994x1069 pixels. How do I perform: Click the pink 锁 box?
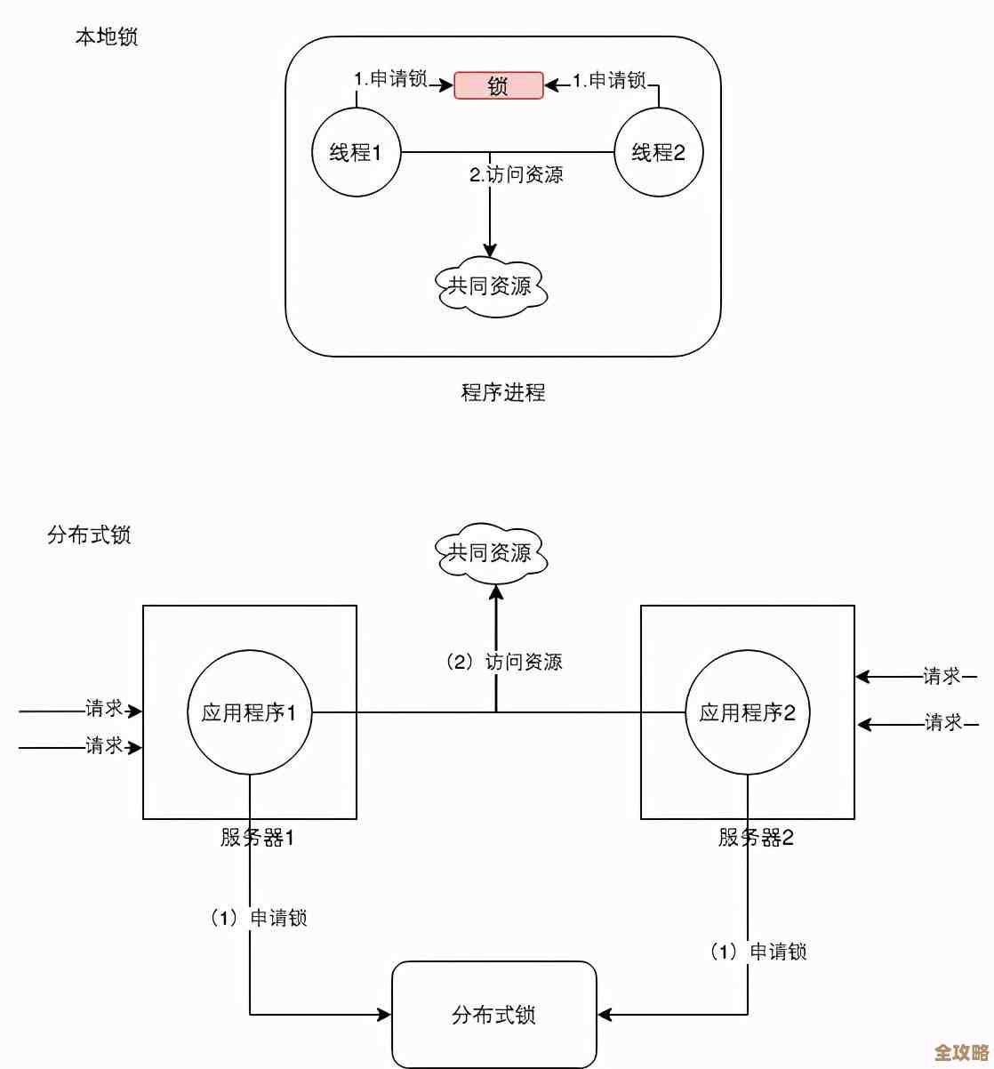(x=499, y=85)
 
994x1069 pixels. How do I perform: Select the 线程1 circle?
(x=356, y=152)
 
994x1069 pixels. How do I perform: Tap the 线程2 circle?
(x=659, y=152)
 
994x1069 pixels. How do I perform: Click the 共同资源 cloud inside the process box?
(x=491, y=285)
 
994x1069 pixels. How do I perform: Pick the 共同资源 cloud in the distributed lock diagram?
(x=491, y=553)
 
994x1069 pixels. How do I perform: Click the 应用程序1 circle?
(x=250, y=712)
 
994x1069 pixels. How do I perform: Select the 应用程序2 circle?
(x=748, y=712)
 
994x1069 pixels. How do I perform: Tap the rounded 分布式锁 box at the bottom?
(x=494, y=1015)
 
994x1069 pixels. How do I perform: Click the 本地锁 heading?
(x=107, y=36)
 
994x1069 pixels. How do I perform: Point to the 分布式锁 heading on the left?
(x=89, y=535)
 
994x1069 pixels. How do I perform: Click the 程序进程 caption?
(x=503, y=392)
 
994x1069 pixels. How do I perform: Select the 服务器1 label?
(x=257, y=838)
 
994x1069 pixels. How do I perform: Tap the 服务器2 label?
(x=756, y=838)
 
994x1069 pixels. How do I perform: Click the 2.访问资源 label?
(x=517, y=174)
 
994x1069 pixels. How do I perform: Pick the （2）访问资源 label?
(x=504, y=662)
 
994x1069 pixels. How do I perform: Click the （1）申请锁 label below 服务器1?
(x=259, y=918)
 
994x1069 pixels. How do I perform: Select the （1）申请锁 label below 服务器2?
(x=758, y=952)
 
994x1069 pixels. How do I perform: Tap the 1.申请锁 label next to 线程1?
(x=391, y=79)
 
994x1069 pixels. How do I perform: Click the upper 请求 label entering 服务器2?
(x=942, y=677)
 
